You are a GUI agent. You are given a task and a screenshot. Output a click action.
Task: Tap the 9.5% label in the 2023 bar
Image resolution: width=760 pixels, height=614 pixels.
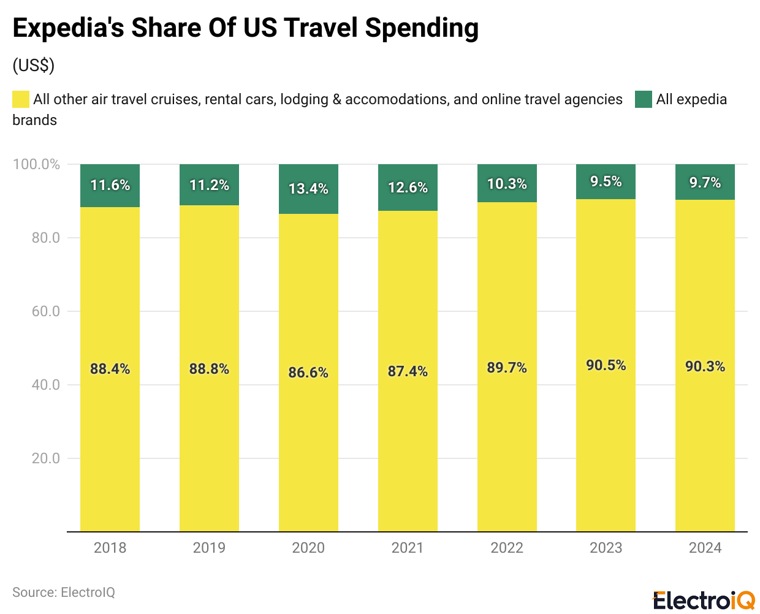click(x=606, y=182)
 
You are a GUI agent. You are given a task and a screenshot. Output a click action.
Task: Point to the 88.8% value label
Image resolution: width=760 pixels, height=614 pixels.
click(x=209, y=369)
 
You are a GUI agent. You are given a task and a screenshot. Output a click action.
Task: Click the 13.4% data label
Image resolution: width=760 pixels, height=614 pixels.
click(x=308, y=189)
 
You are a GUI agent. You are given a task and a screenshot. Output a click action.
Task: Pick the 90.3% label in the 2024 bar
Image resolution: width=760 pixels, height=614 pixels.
click(x=705, y=366)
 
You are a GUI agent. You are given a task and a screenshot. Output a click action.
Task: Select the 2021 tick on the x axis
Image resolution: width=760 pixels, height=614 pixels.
click(x=408, y=548)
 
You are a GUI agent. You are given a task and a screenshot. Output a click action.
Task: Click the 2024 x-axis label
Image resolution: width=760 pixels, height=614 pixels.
click(x=705, y=548)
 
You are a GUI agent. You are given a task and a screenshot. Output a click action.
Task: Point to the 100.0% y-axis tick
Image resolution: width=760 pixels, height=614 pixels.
click(x=37, y=164)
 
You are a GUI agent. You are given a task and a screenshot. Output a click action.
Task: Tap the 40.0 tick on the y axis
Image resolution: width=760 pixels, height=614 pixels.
click(x=46, y=385)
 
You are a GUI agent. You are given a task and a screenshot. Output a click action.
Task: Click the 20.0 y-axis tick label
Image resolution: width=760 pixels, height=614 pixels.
click(x=46, y=458)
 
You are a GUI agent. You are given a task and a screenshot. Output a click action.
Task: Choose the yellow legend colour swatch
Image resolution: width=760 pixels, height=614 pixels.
click(x=21, y=99)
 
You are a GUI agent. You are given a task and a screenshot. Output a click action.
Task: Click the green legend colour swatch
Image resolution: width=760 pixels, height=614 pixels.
click(x=643, y=99)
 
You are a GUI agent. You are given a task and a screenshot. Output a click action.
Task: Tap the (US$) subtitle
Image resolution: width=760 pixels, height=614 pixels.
click(x=34, y=66)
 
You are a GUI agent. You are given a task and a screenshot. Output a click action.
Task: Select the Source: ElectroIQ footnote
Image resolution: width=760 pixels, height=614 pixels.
click(x=64, y=593)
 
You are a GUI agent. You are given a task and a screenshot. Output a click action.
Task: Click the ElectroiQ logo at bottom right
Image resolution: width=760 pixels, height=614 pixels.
click(x=704, y=601)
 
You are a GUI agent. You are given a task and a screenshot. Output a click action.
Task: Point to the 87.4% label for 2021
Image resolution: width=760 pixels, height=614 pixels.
click(x=408, y=371)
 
